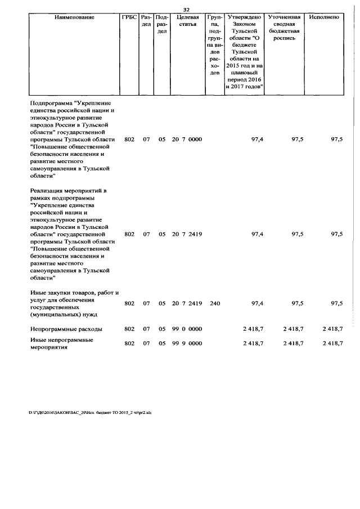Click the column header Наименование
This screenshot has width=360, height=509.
74,17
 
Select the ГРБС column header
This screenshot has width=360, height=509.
129,17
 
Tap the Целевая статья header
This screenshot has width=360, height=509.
186,21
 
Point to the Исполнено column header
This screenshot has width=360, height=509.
325,17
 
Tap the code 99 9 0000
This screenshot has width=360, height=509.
187,343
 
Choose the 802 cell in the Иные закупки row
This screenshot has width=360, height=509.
129,304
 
